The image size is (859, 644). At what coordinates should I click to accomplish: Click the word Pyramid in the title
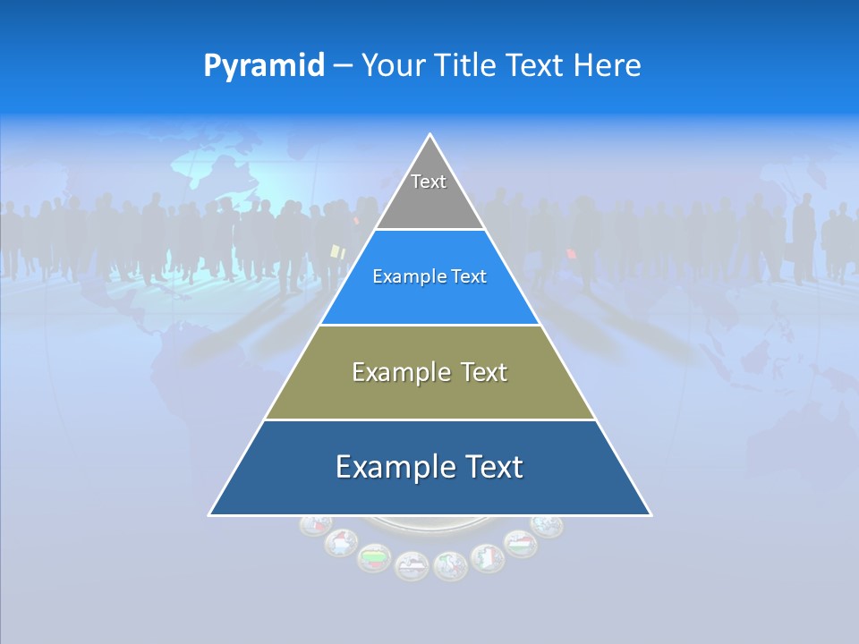point(264,65)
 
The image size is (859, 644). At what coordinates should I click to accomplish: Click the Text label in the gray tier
point(429,182)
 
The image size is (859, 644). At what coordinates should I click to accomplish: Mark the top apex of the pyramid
point(430,135)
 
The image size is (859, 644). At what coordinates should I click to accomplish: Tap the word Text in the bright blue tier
point(469,277)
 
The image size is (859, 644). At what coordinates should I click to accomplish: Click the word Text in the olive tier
point(484,372)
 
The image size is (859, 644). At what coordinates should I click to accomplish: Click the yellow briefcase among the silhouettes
point(337,253)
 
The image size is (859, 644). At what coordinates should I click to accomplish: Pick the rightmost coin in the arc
point(547,525)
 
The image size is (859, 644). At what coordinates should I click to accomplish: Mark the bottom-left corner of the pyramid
point(209,514)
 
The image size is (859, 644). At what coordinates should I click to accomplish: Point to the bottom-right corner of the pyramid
point(651,514)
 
